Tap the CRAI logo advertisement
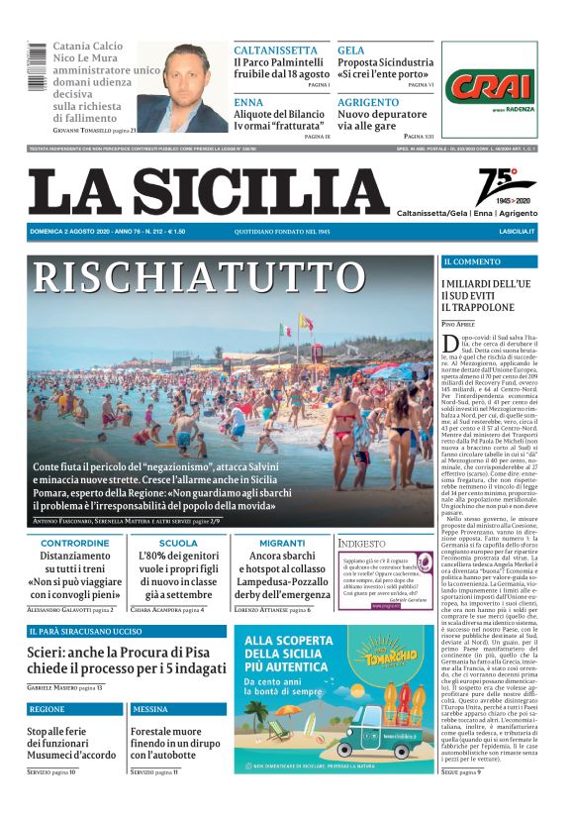pos(491,87)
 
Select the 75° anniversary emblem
pos(506,186)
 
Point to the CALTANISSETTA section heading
pos(276,50)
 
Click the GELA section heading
pos(350,50)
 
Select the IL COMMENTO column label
pos(473,261)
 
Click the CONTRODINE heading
pos(75,543)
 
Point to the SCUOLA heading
pos(178,543)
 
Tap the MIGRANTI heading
pos(282,543)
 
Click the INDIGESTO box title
pos(362,544)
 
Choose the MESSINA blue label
pos(150,709)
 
